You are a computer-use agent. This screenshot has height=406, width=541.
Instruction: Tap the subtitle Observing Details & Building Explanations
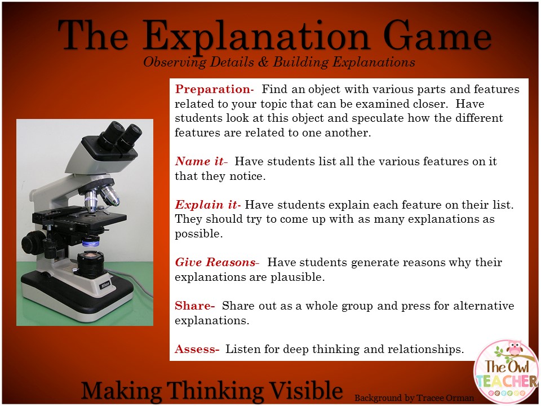[279, 62]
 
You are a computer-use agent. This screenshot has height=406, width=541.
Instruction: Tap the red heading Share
[194, 306]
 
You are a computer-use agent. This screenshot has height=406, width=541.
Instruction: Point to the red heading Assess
[196, 349]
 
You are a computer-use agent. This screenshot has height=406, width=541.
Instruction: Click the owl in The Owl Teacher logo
[515, 349]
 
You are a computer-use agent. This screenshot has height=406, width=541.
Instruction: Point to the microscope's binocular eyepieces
[120, 134]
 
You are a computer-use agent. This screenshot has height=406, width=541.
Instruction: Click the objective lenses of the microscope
[101, 197]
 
